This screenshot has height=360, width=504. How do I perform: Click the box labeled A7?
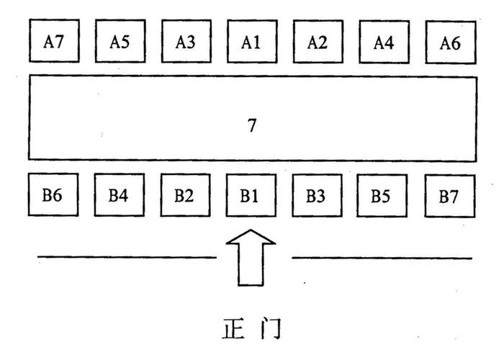[x=54, y=42]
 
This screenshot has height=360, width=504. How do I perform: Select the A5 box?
[x=120, y=42]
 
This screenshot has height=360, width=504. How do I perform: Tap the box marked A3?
[x=186, y=42]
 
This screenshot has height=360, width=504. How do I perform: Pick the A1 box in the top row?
[x=251, y=42]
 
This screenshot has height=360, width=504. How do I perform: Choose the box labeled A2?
[x=317, y=42]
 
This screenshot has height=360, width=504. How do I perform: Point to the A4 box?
[x=383, y=42]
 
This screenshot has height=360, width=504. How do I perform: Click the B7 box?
[x=450, y=195]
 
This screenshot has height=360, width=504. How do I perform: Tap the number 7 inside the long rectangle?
[x=252, y=126]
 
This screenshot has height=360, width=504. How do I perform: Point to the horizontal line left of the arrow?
[x=126, y=257]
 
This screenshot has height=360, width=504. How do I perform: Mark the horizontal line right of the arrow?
[x=382, y=258]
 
